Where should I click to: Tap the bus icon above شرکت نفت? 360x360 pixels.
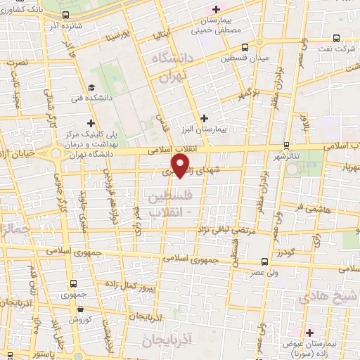tap(335, 38)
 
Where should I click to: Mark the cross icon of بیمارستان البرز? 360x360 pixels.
tap(204, 118)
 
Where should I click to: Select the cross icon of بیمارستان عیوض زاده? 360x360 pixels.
tap(309, 331)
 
